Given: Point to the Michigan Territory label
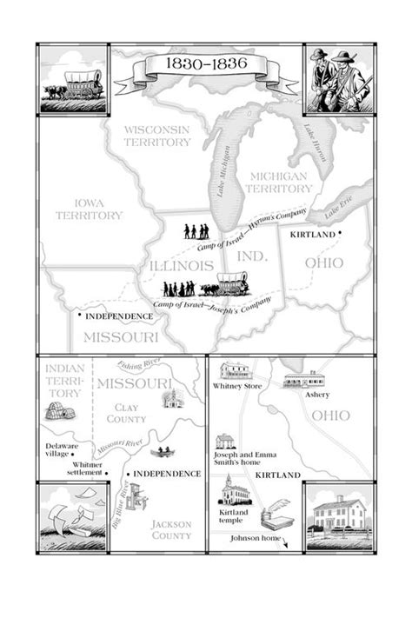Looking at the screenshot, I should [x=278, y=182].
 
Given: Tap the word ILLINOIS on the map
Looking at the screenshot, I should [x=179, y=264].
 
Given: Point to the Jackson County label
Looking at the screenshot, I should [x=171, y=530].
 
